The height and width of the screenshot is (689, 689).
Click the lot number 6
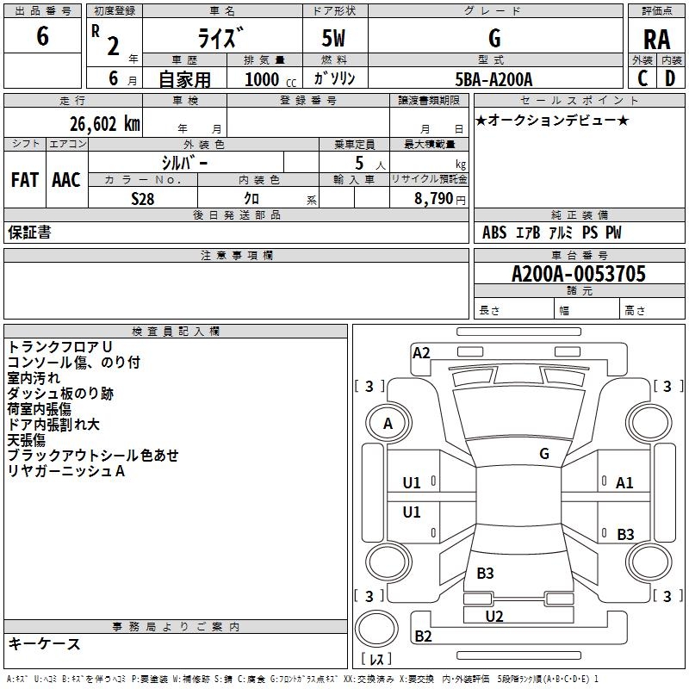(42, 35)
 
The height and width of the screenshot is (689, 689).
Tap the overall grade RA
(656, 40)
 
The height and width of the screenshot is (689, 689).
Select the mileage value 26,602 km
(105, 124)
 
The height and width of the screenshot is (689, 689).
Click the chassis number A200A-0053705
(579, 274)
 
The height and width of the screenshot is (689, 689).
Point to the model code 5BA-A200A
(493, 79)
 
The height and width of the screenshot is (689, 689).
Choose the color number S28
(142, 199)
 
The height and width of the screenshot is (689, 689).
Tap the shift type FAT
(25, 180)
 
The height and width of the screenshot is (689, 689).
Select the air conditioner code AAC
(66, 180)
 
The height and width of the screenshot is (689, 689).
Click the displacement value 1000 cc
(270, 79)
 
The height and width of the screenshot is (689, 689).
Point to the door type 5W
(333, 38)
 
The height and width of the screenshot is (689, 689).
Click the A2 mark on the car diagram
(421, 353)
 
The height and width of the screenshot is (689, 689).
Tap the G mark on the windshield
(544, 453)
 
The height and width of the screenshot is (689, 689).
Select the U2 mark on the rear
(494, 616)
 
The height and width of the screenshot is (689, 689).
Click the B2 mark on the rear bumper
(423, 636)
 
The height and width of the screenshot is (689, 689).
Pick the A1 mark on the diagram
(624, 483)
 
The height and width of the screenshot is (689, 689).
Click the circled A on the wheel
(388, 423)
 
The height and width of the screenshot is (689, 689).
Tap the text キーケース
(44, 643)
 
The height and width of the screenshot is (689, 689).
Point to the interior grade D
(670, 78)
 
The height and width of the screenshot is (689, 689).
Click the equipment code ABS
(494, 233)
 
